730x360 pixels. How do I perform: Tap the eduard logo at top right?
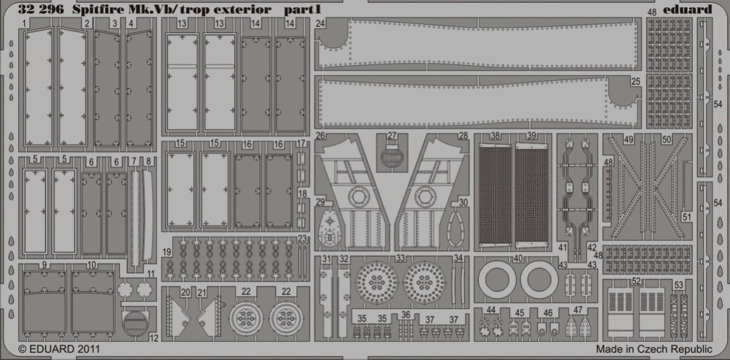[x=691, y=9]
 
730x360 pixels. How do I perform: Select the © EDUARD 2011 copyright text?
[x=58, y=348]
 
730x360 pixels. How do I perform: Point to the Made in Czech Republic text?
[x=654, y=349]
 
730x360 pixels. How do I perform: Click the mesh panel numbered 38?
[x=495, y=195]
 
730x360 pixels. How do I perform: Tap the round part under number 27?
[x=392, y=156]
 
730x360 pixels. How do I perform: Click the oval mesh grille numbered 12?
[x=134, y=323]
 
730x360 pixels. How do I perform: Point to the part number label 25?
[x=636, y=81]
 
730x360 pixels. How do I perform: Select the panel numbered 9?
[x=45, y=303]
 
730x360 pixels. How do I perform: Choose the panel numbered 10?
[x=93, y=303]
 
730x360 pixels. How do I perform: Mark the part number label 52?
[x=637, y=282]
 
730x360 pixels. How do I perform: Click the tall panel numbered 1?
[x=39, y=87]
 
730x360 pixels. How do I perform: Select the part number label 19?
[x=167, y=251]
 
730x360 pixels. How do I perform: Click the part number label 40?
[x=518, y=258]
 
